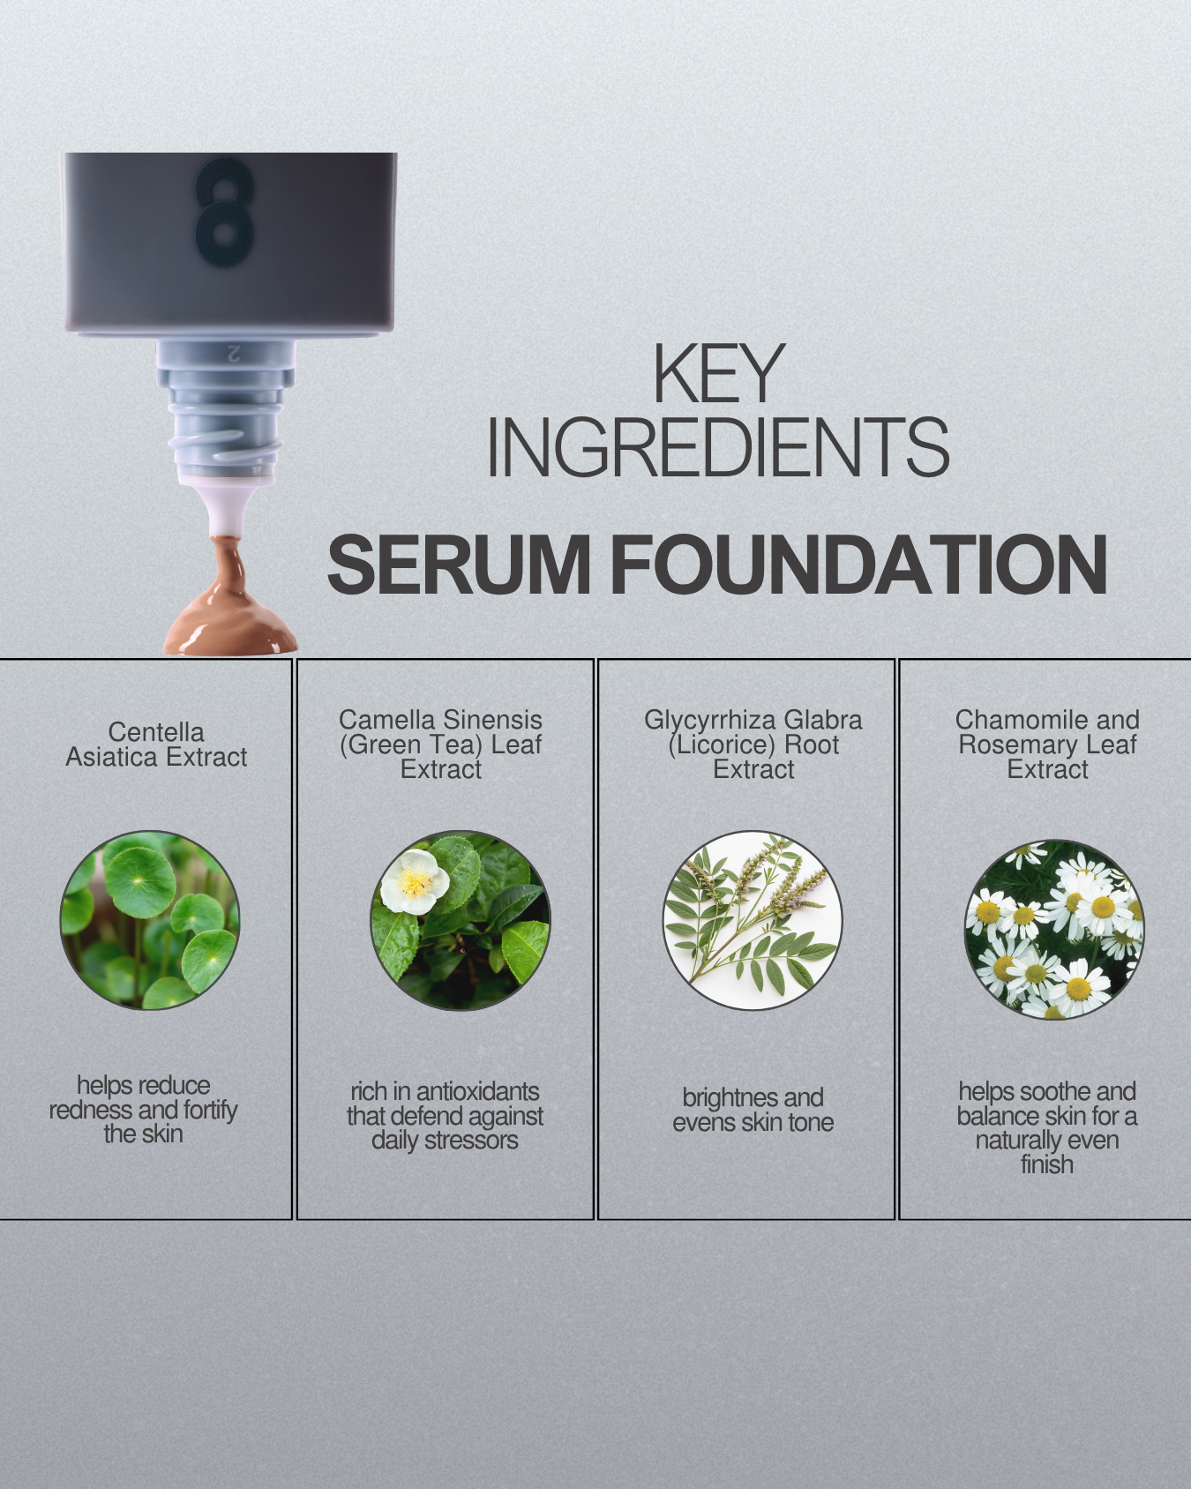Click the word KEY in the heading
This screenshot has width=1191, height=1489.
(718, 375)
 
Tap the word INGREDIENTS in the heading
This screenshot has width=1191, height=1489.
(718, 448)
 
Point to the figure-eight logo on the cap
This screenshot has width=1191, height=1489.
(224, 213)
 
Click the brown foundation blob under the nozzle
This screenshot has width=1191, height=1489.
(231, 617)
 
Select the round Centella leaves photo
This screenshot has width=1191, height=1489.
(150, 920)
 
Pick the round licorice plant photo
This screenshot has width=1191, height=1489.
(753, 920)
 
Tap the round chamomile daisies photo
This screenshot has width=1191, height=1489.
(1054, 929)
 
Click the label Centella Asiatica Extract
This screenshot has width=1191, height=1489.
(156, 744)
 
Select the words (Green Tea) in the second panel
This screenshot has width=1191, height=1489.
(411, 744)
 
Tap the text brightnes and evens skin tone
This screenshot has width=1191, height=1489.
(753, 1110)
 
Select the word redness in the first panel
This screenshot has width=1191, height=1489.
(86, 1110)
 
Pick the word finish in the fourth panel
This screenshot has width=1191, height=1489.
(1047, 1164)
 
